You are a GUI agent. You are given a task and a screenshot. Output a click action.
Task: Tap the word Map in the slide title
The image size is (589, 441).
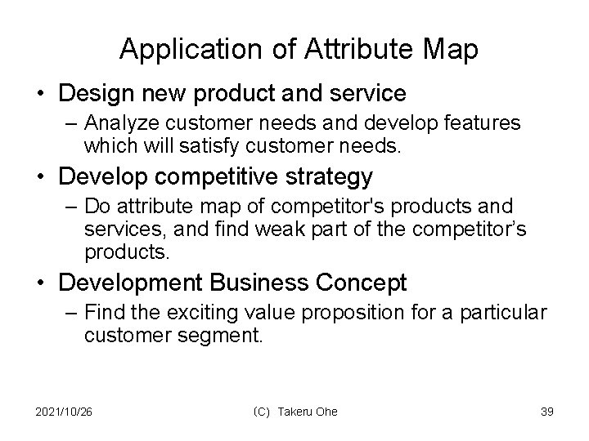(448, 50)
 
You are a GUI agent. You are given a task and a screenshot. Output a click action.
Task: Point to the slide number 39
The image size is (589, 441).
(547, 412)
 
